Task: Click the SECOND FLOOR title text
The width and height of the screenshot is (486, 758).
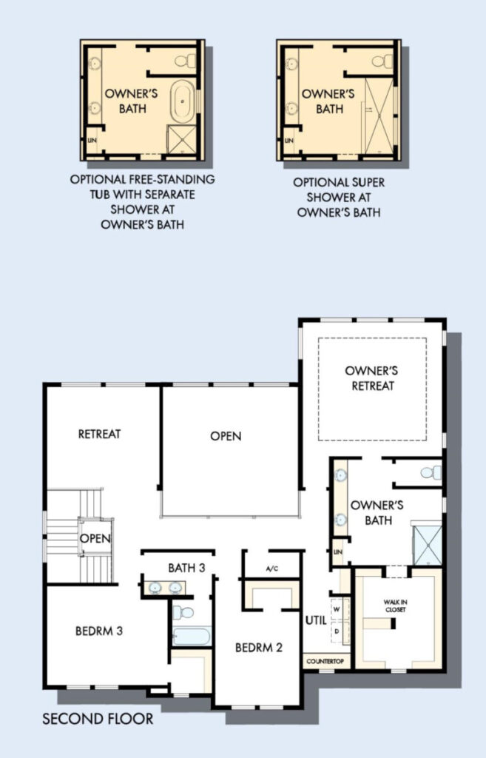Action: (x=98, y=719)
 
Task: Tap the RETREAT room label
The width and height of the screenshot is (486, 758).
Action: (x=100, y=434)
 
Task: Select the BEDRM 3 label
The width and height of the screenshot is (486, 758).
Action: (x=99, y=631)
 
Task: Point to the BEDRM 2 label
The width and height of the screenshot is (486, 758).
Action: (x=259, y=647)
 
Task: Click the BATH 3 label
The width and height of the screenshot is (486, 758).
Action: (x=186, y=568)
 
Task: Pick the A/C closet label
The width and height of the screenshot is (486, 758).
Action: (x=272, y=568)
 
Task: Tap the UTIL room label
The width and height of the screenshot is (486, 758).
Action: (x=316, y=620)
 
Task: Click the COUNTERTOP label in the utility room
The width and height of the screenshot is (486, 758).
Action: (x=325, y=661)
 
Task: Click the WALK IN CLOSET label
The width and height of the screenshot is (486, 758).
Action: (x=395, y=606)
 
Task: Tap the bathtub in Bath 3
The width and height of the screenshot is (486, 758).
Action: (x=192, y=636)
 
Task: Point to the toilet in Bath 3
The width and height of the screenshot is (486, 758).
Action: (x=183, y=612)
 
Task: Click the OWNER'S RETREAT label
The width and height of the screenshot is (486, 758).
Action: (x=371, y=378)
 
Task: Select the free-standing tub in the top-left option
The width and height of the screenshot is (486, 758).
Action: (x=183, y=101)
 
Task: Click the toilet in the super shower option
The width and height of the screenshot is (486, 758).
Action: (x=382, y=61)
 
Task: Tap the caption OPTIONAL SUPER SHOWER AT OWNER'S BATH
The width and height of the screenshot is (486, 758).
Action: (x=339, y=197)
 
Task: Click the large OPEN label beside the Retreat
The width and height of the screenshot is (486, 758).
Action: (x=226, y=436)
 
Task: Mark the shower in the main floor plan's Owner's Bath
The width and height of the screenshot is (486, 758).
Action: (x=427, y=545)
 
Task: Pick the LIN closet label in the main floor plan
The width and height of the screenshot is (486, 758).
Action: (x=338, y=551)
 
